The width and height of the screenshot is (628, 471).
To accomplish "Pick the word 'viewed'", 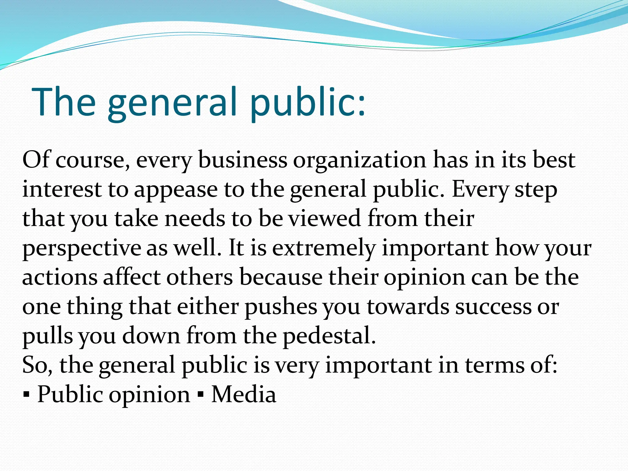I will coord(325,218).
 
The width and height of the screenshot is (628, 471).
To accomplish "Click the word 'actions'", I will coord(60,277).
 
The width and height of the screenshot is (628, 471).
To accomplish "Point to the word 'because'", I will coord(281,277).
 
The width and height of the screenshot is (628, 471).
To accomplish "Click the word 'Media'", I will coord(244,394).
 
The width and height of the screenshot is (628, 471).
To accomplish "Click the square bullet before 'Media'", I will coord(201,394).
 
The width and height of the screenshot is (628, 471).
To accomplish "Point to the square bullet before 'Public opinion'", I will coord(27,394).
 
